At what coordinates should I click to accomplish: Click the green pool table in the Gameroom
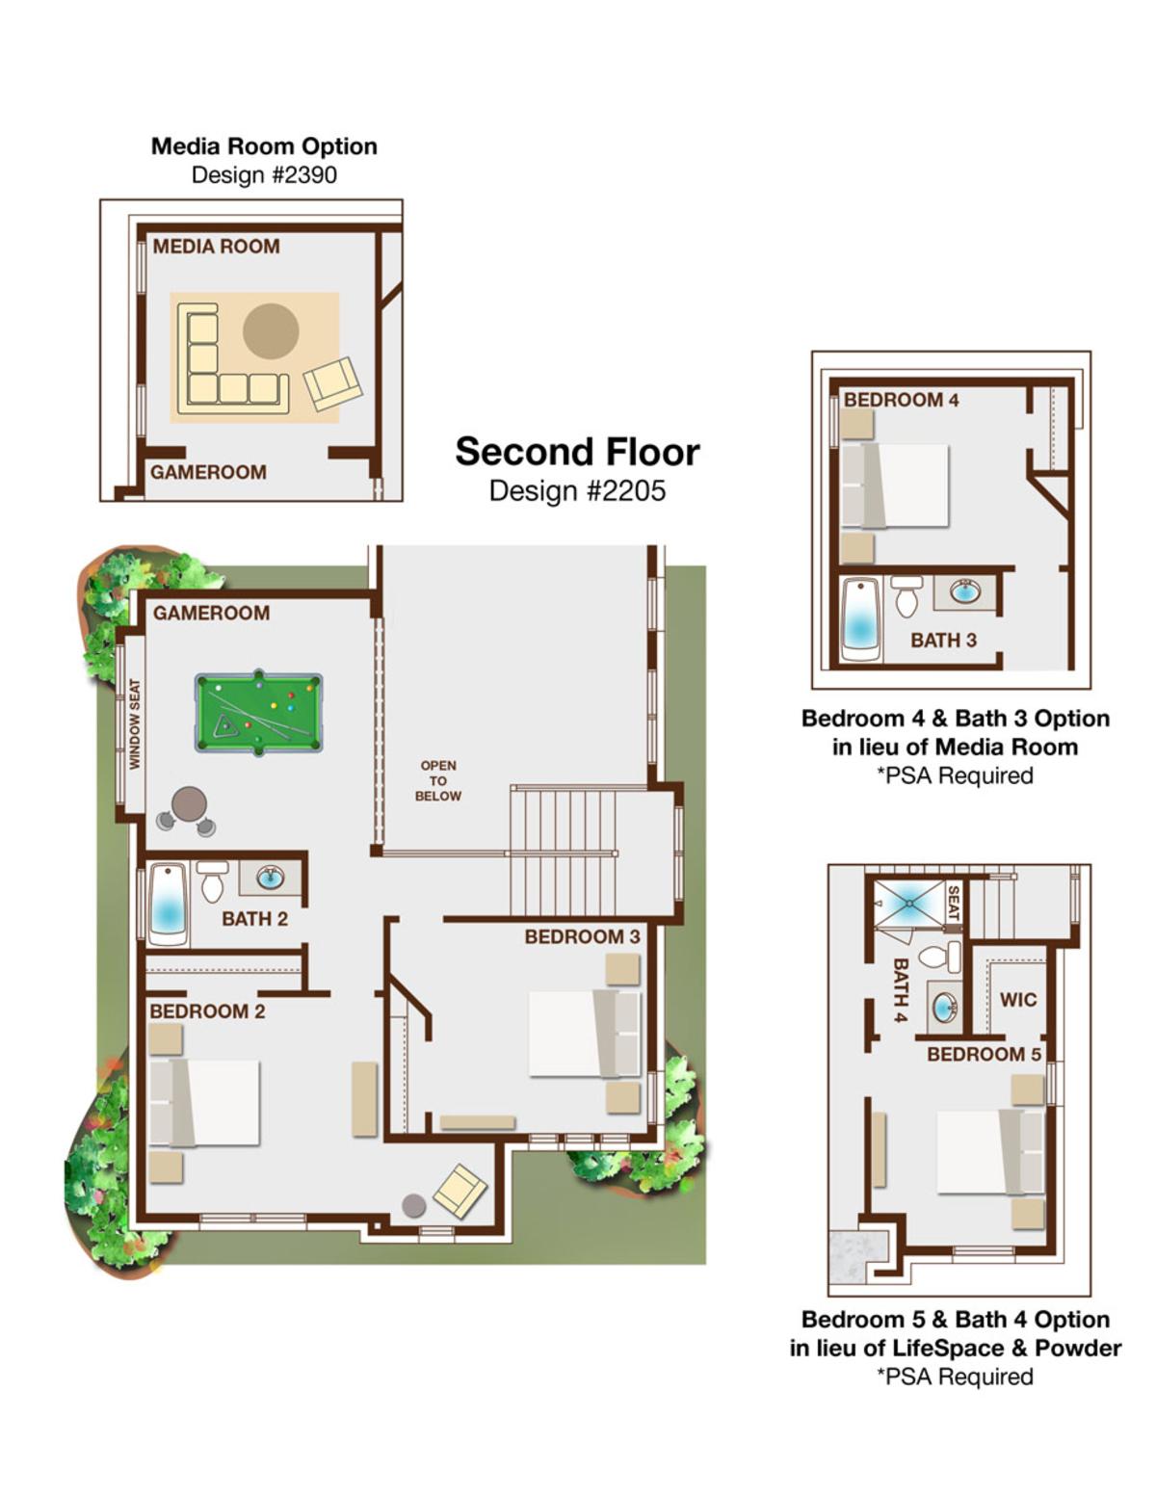click(x=258, y=713)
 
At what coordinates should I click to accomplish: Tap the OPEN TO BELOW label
click(x=438, y=780)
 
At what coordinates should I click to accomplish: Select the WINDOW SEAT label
click(x=134, y=724)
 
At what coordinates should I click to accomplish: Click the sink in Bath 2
click(x=270, y=878)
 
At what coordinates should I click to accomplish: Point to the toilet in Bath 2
click(x=212, y=881)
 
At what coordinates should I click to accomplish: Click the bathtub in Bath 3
click(x=861, y=619)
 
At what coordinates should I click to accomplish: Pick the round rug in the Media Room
click(x=271, y=331)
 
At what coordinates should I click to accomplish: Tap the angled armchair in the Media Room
click(x=333, y=384)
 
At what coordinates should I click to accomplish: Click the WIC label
click(x=1017, y=999)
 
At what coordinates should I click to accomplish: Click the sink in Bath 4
click(x=943, y=1008)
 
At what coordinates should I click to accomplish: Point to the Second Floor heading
click(x=577, y=452)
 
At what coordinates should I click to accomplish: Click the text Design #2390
click(x=264, y=175)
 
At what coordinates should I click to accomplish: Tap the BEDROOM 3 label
click(x=582, y=936)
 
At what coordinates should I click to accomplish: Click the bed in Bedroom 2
click(x=204, y=1103)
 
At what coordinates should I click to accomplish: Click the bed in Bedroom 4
click(x=895, y=486)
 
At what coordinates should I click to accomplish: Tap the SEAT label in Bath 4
click(x=954, y=904)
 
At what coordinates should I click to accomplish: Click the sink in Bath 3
click(x=964, y=591)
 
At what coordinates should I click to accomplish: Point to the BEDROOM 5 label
click(x=984, y=1054)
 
